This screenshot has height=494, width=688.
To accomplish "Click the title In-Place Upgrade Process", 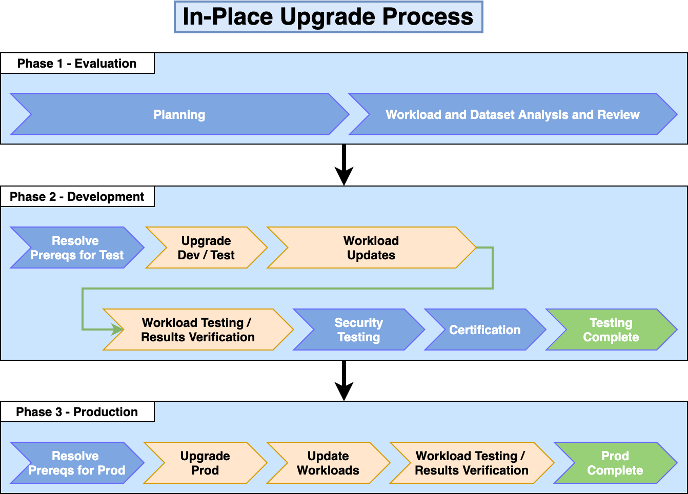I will tap(328, 17).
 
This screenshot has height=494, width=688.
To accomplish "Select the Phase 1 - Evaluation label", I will tap(77, 64).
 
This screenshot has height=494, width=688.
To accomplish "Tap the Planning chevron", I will tap(179, 115).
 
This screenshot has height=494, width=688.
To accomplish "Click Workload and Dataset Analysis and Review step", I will tap(513, 115).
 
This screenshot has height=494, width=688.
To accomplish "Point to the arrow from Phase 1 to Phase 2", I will tap(344, 165).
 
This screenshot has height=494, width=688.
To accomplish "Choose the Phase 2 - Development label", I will tap(77, 197).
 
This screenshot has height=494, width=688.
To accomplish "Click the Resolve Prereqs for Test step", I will tap(77, 248).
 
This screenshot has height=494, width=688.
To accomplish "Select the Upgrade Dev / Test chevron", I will tap(206, 248).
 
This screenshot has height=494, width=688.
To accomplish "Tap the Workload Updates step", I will tap(371, 248).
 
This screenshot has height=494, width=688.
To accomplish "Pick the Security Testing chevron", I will tap(359, 330).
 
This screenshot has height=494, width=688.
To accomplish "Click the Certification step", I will tap(485, 330).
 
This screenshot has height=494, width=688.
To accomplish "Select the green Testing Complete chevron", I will tap(611, 330).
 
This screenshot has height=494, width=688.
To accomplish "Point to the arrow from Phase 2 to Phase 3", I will tap(344, 381).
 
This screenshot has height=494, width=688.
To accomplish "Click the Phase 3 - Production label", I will tap(77, 412).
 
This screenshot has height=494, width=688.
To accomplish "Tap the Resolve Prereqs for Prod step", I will tap(77, 463).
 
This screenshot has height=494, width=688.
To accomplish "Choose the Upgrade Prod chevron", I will tap(205, 463).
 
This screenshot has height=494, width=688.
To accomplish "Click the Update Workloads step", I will tap(328, 463).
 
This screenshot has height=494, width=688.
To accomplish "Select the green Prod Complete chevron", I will tap(615, 463).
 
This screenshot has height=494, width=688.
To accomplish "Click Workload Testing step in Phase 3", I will tap(472, 463).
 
